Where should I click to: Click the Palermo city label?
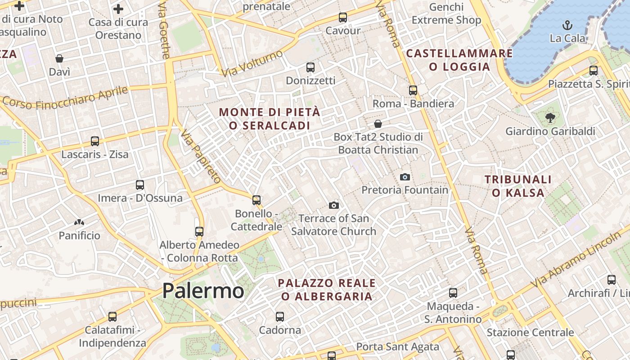pos(203,291)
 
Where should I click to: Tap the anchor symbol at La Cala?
pos(567,25)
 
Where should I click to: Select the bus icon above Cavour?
pos(343,18)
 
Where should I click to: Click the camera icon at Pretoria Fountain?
pos(405,177)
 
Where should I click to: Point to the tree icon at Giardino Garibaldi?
pos(550,118)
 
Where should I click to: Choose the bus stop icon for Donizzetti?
pos(310,67)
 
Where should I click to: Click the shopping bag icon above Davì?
pos(59,58)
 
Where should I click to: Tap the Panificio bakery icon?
pos(79,222)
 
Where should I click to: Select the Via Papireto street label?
pos(201,156)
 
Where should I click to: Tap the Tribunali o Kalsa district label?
pos(518,186)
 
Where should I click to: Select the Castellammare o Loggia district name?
pos(459,60)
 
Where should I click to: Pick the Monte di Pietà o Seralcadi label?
pos(270,119)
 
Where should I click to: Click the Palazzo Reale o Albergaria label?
pos(327,289)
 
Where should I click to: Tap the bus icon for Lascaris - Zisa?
pos(95,141)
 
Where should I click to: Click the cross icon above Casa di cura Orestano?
pos(118,9)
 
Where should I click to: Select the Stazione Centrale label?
pos(530,333)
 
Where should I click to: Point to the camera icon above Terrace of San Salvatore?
pos(333,205)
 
